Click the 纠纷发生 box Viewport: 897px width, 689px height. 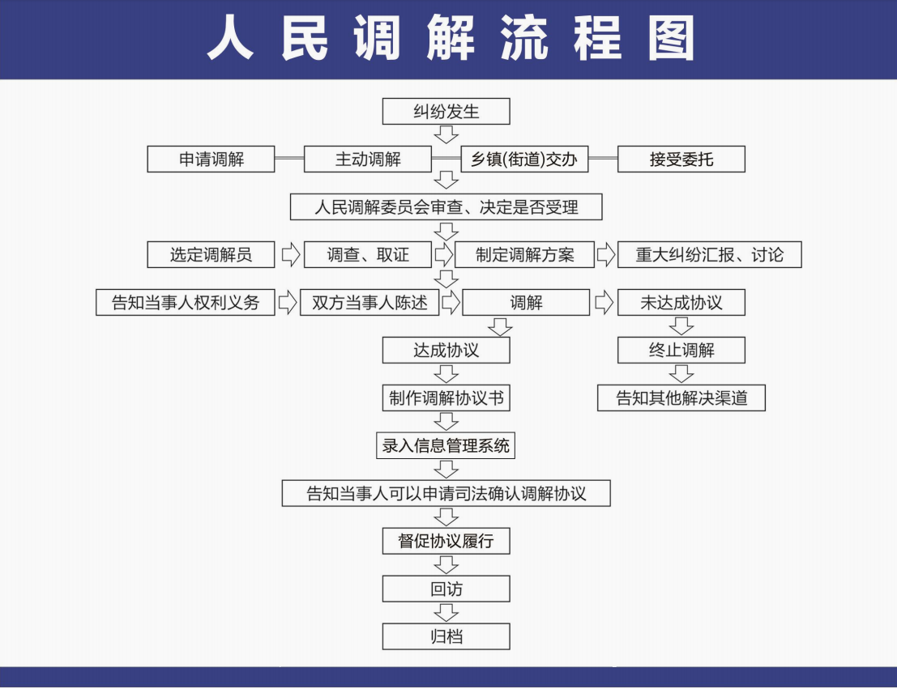point(446,111)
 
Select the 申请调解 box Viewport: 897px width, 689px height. point(211,159)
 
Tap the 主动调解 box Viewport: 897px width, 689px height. point(367,159)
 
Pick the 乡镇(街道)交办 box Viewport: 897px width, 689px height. point(524,159)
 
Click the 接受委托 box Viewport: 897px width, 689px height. point(681,159)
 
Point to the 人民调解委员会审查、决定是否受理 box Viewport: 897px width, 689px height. point(446,206)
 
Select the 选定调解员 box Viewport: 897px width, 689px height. point(211,254)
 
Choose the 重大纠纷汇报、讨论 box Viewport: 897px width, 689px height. point(709,254)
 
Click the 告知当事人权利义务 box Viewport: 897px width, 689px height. point(185,302)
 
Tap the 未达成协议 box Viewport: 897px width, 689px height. point(681,302)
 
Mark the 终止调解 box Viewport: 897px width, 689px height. point(681,350)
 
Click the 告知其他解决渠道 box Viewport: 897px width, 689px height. point(681,398)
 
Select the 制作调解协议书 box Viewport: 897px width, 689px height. point(446,398)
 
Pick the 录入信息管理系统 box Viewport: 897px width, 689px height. point(446,445)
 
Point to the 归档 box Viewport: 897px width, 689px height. point(446,636)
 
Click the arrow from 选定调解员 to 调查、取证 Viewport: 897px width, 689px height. point(291,254)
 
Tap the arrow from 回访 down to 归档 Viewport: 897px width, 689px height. point(446,612)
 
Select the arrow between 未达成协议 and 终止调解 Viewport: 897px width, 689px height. point(681,326)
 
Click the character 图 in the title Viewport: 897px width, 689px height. point(671,38)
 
